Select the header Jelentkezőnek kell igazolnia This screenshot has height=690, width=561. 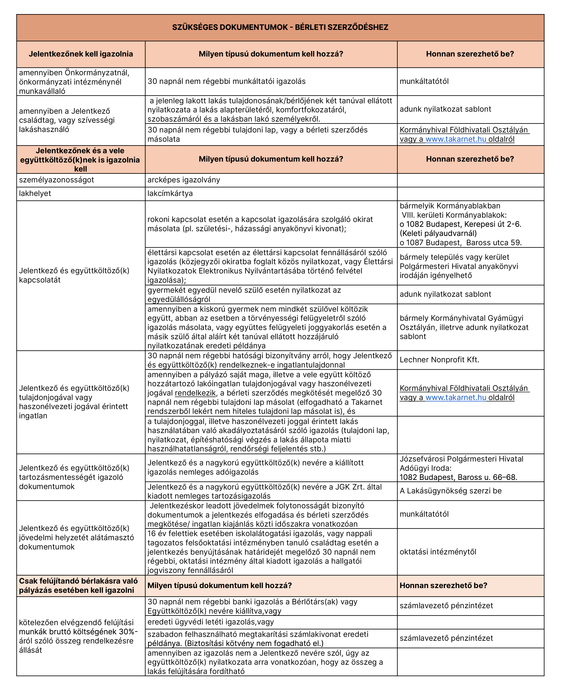[x=81, y=54]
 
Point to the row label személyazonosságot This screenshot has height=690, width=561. [x=56, y=180]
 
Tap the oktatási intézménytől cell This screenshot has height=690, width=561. [x=438, y=552]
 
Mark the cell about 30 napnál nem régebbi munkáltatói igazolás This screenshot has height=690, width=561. [x=226, y=81]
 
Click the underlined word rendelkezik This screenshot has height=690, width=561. [x=195, y=393]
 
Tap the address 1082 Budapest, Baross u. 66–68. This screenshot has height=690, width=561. [x=458, y=477]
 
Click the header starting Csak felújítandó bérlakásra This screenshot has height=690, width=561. [x=78, y=585]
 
